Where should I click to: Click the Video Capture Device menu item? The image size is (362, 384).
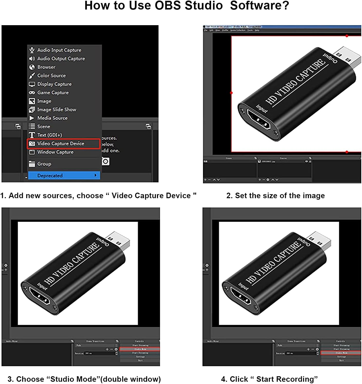[61, 144]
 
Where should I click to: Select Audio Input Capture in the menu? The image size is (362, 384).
[59, 50]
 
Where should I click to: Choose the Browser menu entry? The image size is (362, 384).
[46, 67]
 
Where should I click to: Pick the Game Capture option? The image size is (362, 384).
[53, 92]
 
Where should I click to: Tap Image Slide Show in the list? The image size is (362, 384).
[57, 110]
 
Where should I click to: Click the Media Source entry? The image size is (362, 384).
[52, 118]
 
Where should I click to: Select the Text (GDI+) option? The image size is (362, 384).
[50, 135]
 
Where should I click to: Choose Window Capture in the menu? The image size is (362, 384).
[55, 152]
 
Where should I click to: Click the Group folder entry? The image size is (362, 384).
[44, 164]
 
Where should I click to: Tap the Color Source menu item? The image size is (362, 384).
[51, 76]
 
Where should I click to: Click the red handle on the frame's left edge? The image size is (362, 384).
[231, 93]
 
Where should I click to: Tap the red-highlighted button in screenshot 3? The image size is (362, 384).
[140, 349]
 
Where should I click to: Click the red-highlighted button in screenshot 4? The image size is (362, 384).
[341, 353]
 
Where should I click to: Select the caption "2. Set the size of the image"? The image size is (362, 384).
[275, 196]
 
